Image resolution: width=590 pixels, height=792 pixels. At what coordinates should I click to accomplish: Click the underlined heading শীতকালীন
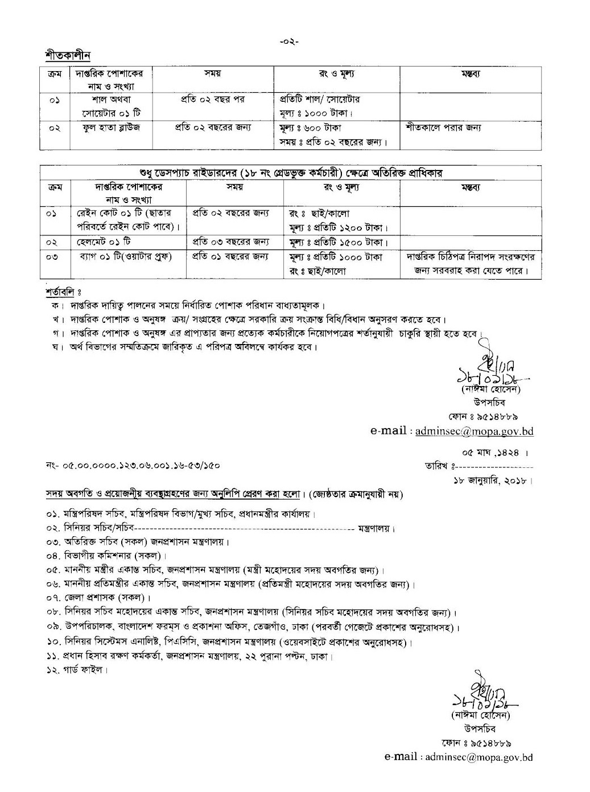[x=68, y=56]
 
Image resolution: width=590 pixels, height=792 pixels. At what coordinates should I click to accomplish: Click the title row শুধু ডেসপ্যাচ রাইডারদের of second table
[x=290, y=172]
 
